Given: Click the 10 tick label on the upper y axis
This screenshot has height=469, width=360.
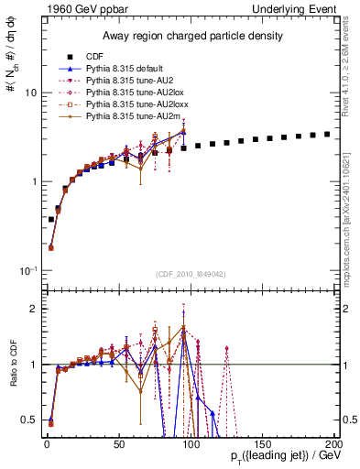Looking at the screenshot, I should [x=31, y=93].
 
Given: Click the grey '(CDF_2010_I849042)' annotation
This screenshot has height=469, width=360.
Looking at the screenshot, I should [x=191, y=275].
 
